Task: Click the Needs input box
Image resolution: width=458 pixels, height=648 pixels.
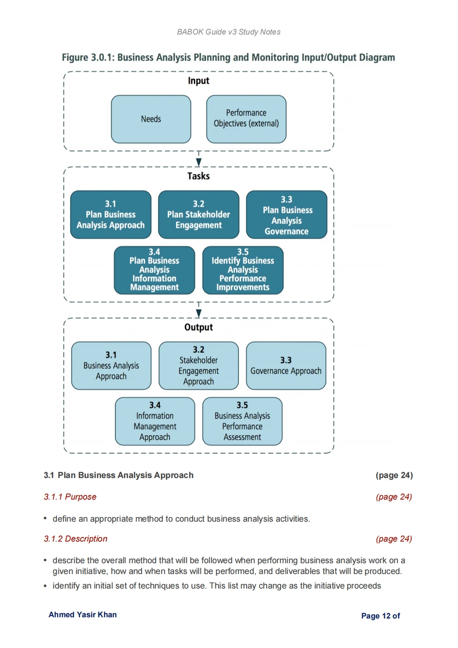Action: [151, 119]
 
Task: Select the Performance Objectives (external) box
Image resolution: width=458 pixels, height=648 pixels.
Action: [246, 119]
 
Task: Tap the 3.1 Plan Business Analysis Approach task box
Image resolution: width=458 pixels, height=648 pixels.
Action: [111, 214]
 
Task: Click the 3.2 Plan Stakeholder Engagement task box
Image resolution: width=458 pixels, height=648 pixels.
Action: [198, 214]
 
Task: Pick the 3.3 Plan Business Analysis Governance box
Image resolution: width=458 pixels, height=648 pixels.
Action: [287, 214]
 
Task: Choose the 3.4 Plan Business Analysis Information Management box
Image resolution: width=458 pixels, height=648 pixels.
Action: [154, 270]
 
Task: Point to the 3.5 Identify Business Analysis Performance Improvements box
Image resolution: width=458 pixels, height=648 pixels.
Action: [243, 270]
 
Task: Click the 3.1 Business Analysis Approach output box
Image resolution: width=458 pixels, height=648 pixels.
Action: [111, 366]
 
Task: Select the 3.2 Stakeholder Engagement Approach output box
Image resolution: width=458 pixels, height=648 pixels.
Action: [198, 366]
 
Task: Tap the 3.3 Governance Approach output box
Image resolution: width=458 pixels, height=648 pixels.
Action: [286, 366]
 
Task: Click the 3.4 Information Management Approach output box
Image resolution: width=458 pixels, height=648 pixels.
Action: [155, 421]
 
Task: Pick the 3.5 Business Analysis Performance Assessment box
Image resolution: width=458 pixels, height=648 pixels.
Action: [242, 421]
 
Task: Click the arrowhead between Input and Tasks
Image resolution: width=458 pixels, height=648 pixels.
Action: [198, 162]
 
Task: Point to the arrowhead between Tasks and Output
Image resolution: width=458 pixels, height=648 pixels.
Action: [198, 313]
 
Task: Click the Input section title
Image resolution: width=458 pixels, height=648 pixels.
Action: [198, 81]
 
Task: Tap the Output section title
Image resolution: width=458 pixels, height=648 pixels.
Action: [198, 327]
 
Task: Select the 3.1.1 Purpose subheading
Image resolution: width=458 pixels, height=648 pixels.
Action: [70, 497]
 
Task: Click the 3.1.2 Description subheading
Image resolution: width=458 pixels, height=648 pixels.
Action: [75, 539]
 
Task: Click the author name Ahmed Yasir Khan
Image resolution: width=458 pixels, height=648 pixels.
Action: [83, 614]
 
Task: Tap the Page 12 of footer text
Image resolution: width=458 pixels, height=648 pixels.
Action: [380, 616]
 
